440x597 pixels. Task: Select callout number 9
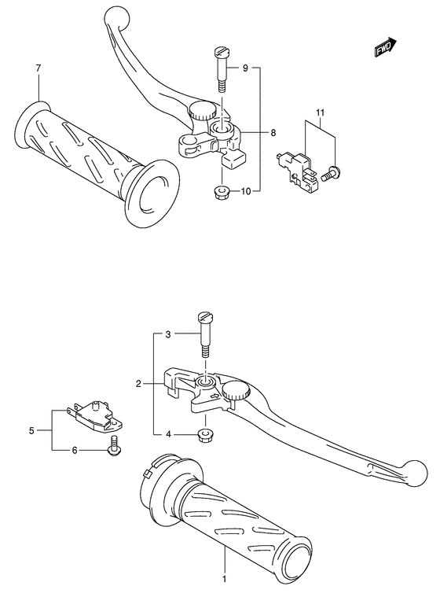tap(244, 69)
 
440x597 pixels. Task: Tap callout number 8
tap(273, 133)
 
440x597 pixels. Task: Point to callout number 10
tap(246, 191)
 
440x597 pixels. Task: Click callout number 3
tap(167, 334)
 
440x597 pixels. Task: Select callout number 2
tap(138, 384)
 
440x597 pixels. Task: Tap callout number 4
tap(167, 433)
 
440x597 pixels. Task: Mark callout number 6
tap(75, 450)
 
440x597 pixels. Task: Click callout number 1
tap(224, 580)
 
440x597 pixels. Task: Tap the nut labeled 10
tap(221, 191)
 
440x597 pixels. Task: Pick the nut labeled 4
tap(206, 433)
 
